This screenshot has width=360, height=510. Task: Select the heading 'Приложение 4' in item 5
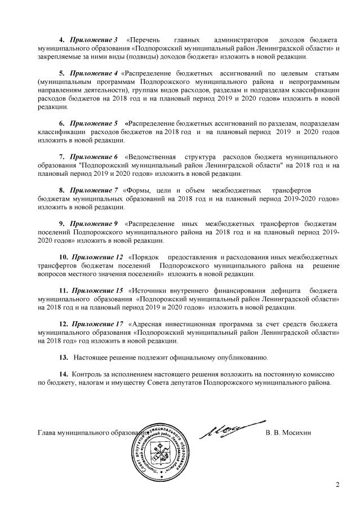pos(93,73)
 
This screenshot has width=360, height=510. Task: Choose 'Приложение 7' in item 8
pos(94,191)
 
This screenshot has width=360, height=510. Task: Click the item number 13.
pos(63,357)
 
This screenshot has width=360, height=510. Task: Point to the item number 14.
pos(63,374)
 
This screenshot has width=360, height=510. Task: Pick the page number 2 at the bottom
pos(338,484)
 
